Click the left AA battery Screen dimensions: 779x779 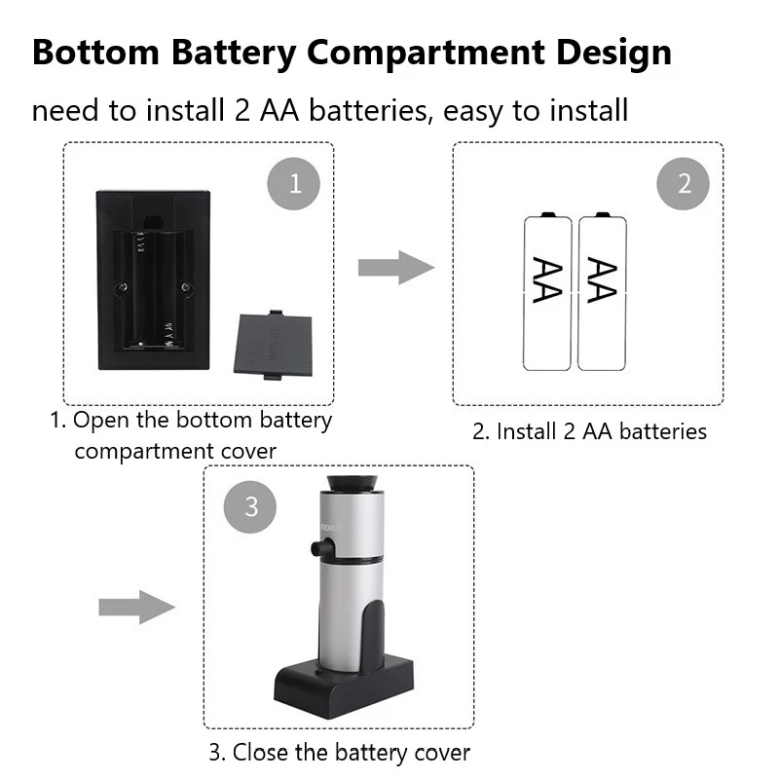[x=547, y=292]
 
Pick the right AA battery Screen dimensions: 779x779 [x=600, y=292]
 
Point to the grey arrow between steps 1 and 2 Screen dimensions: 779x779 [x=395, y=266]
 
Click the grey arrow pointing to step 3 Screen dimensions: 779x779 [x=136, y=606]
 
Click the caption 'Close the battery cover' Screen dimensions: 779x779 [x=339, y=753]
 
